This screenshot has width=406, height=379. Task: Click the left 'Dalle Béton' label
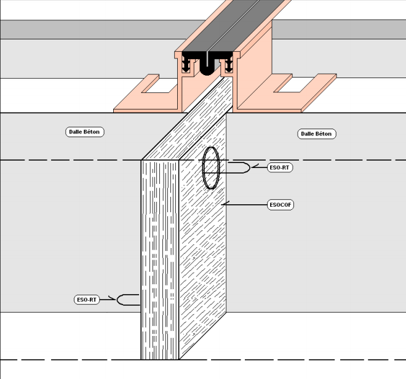coord(86,132)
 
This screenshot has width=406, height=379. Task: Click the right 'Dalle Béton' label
coord(317,134)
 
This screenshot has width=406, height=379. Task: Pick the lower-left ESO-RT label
coord(87,300)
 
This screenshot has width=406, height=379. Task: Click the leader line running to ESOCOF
coord(246,204)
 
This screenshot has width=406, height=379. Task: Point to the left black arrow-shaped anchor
coord(186,63)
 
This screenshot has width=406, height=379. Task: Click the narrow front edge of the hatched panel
coord(159,258)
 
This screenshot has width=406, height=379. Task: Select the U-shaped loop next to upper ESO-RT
coord(240,167)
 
